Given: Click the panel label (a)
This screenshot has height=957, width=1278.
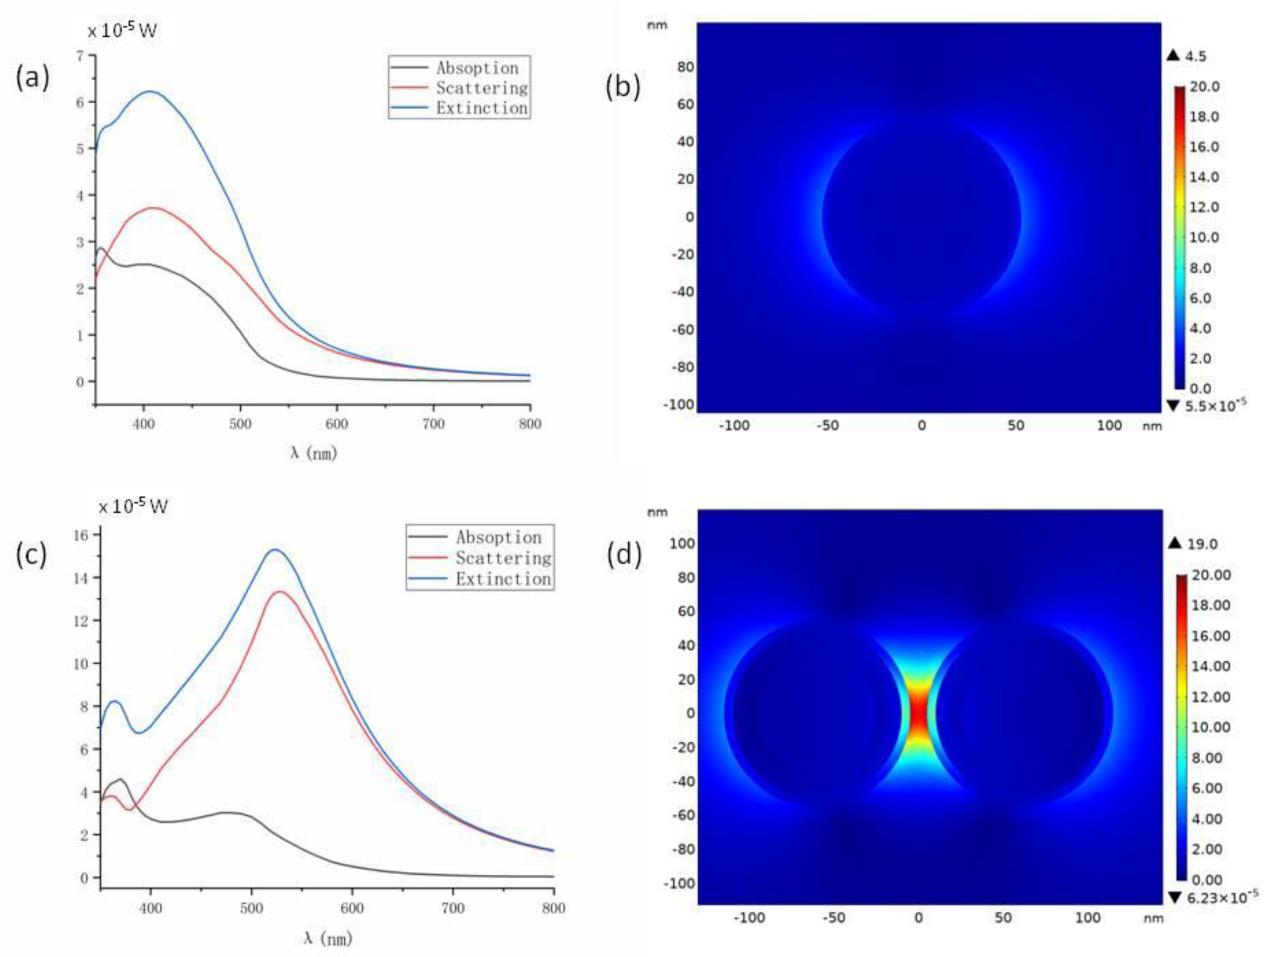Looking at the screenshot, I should [33, 77].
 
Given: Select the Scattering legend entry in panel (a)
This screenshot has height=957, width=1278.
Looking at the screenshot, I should [481, 88].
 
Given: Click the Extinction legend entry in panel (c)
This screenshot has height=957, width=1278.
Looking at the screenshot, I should [503, 578].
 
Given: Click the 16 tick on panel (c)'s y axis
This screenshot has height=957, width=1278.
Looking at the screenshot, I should [81, 535].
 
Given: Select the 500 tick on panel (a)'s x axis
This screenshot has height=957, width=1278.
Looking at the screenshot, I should [240, 424].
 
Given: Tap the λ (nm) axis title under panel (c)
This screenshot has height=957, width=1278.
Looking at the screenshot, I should [328, 938].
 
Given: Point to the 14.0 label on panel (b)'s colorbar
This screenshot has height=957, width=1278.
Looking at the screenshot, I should [1204, 177].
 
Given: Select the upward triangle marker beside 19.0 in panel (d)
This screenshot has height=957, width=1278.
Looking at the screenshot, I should [1175, 543].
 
